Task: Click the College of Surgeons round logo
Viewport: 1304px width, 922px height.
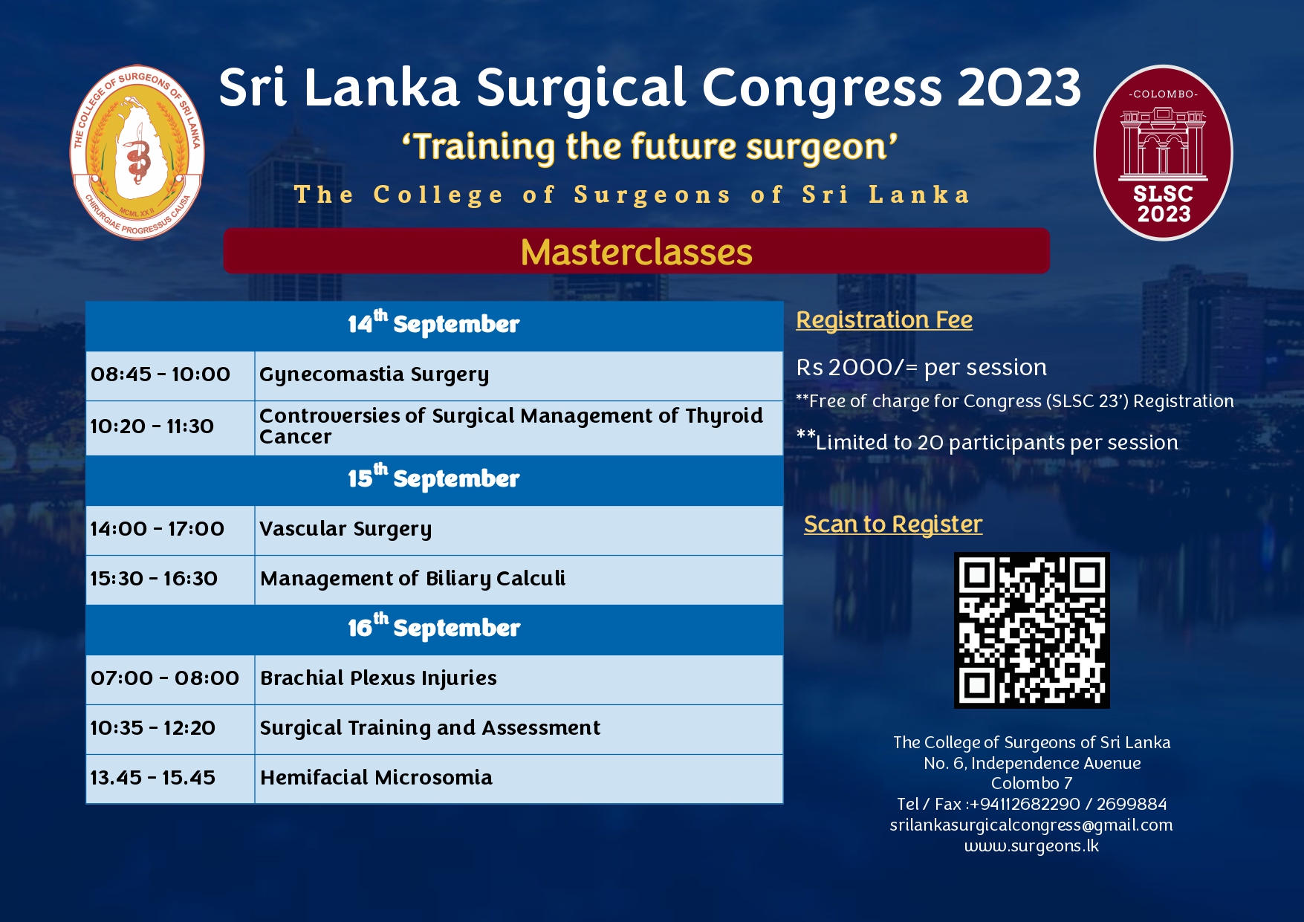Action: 137,152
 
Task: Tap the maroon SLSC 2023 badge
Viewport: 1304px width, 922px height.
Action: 1163,153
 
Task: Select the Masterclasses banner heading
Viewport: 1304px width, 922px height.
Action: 636,251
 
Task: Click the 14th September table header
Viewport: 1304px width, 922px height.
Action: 435,325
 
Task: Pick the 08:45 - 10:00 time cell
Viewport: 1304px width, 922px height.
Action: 170,376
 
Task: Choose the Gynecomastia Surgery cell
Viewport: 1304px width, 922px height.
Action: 519,376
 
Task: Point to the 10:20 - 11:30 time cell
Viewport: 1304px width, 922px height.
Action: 170,428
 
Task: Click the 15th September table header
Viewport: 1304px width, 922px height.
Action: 435,480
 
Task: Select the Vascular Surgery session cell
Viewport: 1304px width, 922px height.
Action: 519,530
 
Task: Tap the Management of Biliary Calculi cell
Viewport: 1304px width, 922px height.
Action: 519,580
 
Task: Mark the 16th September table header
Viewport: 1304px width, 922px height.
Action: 435,629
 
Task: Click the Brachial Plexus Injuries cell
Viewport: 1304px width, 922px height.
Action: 519,680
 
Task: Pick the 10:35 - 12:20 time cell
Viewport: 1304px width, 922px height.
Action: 170,730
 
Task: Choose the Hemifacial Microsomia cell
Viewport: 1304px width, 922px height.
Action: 519,779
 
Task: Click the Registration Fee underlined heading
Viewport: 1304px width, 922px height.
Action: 884,320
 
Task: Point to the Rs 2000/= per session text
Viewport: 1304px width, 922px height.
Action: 921,367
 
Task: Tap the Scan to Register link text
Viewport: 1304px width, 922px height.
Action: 893,525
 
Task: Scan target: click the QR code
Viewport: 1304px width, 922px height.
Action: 1031,630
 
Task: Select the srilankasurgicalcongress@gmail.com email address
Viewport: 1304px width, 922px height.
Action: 1031,825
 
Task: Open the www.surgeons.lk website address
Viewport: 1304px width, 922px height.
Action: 1031,846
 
